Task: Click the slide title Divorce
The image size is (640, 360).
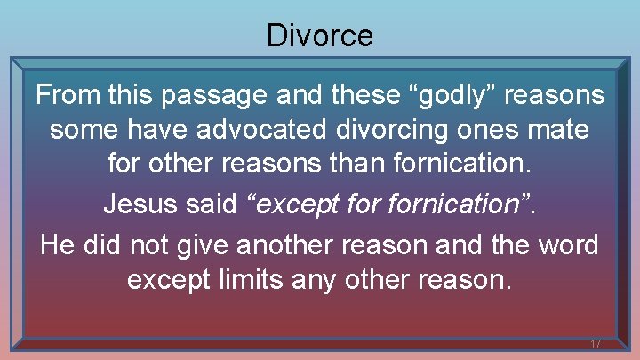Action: (x=319, y=36)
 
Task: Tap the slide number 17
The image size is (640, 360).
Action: (x=595, y=343)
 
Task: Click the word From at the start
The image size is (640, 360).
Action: (x=68, y=94)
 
